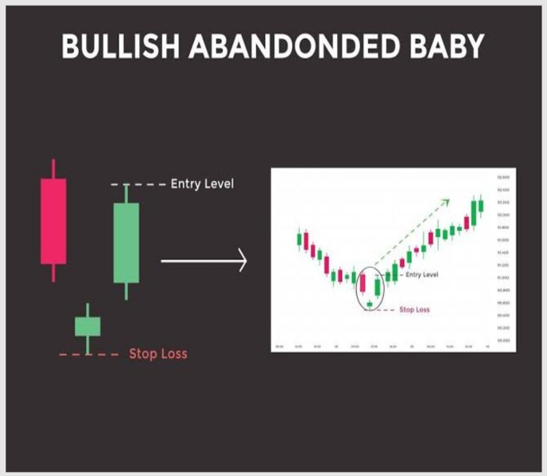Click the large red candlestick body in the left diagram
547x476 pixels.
[53, 220]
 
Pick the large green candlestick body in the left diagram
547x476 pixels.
[126, 242]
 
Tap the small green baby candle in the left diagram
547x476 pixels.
[87, 326]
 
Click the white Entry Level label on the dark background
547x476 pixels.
[202, 184]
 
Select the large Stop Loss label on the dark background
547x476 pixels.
[158, 354]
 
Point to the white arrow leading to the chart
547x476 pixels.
[204, 260]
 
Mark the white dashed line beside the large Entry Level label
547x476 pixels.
[138, 184]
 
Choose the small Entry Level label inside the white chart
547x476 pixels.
[421, 274]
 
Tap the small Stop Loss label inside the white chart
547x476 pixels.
[413, 309]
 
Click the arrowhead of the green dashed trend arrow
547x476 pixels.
[447, 201]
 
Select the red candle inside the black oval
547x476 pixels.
[363, 284]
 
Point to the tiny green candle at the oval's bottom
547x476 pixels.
[369, 304]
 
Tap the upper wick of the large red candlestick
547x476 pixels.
[53, 168]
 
